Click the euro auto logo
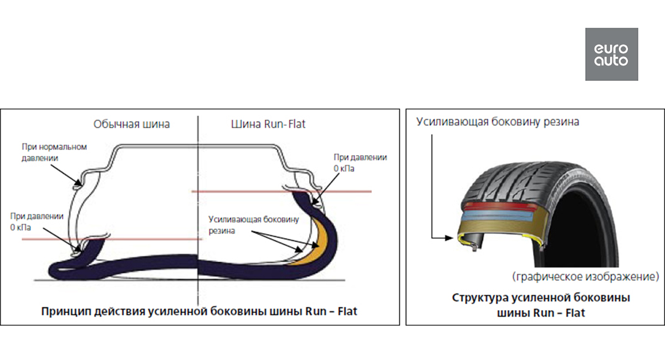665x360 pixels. coord(611,54)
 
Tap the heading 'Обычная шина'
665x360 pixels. coord(131,124)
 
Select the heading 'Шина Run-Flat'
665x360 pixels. coord(268,124)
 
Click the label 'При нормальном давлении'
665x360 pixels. coord(55,152)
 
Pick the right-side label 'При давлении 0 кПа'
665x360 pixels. coord(360,162)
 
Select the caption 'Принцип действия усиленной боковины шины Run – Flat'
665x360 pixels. coord(199,311)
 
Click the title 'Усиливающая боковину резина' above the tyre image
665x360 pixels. coord(498,122)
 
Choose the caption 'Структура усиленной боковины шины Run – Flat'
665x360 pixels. coord(541,305)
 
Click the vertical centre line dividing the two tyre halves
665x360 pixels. coord(198,166)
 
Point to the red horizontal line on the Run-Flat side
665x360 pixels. coord(332,192)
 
